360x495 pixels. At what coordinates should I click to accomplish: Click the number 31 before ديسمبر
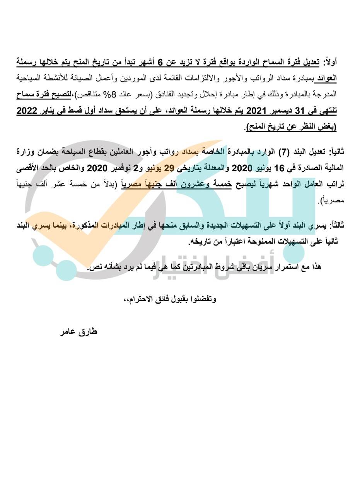(x=301, y=111)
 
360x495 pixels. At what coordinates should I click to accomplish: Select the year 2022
(x=29, y=111)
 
